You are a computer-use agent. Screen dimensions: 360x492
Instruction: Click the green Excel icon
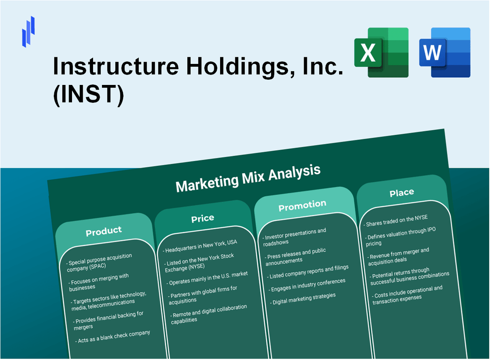(381, 52)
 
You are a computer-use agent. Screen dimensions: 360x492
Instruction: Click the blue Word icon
(445, 52)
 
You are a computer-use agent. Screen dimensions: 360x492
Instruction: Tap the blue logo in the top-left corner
(29, 31)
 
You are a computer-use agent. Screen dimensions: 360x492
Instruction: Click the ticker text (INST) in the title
(88, 95)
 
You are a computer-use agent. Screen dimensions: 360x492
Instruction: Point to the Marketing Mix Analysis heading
(248, 178)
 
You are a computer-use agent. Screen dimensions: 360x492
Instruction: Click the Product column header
(104, 231)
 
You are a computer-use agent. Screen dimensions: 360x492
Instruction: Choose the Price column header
(203, 218)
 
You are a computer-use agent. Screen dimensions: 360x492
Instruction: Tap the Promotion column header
(302, 205)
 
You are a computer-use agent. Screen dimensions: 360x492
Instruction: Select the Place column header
(402, 192)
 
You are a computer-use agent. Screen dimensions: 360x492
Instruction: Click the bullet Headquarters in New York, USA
(200, 245)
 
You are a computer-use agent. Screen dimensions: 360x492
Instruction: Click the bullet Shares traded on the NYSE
(396, 220)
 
